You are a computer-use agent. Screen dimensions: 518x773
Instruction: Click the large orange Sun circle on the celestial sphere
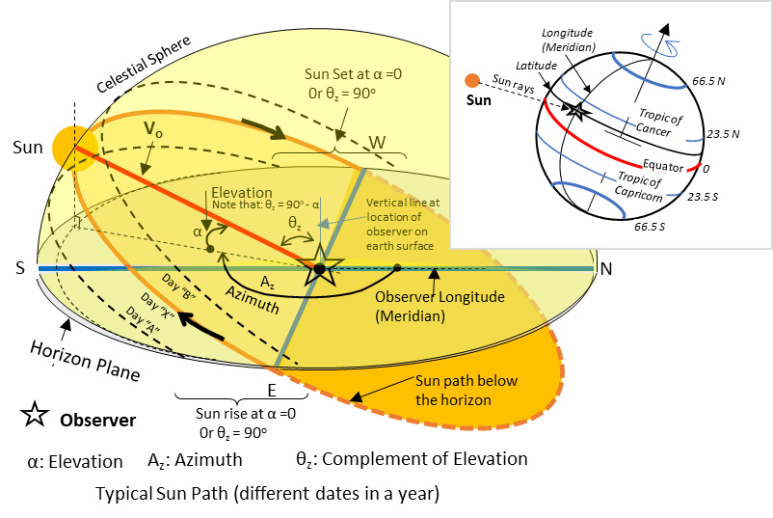[75, 148]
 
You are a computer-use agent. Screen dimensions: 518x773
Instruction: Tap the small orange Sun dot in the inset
[471, 80]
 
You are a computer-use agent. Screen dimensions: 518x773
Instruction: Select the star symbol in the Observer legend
[35, 417]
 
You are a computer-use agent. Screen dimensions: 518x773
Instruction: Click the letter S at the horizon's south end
[20, 269]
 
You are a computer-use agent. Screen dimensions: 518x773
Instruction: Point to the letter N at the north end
[605, 268]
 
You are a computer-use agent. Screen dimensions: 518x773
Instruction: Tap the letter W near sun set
[379, 142]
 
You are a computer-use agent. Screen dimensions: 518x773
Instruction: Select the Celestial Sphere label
[145, 67]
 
